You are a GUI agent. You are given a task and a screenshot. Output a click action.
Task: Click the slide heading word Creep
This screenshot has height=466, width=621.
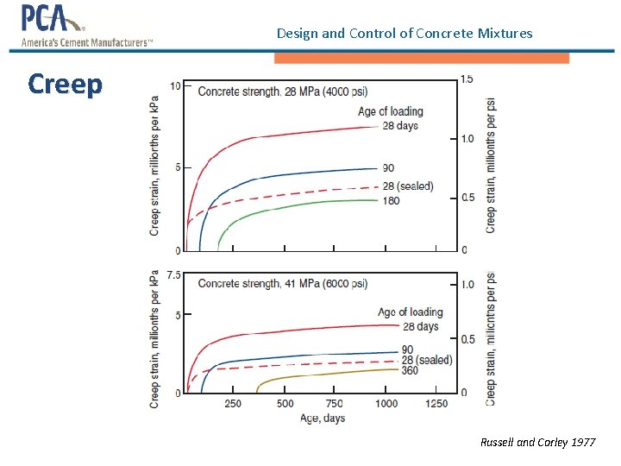[x=65, y=85]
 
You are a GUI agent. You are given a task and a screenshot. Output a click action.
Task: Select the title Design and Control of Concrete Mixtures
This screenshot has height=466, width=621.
[x=405, y=34]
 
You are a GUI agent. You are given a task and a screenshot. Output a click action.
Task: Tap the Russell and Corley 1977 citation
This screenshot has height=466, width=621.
[x=537, y=442]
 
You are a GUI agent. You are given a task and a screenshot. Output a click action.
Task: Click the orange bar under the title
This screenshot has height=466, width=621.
[x=422, y=58]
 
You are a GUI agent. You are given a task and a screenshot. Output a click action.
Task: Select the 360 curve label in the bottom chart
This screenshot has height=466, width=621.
[x=410, y=370]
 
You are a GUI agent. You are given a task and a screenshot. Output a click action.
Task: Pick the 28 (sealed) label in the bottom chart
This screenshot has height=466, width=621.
[x=427, y=360]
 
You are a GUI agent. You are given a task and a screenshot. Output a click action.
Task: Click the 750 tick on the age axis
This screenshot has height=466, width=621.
[x=334, y=403]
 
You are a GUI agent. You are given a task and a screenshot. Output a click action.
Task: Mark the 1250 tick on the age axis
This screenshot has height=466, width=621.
[x=436, y=403]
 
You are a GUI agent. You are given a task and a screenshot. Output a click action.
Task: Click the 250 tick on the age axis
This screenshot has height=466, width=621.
[x=233, y=403]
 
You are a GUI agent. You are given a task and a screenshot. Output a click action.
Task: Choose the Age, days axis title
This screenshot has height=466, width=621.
[x=322, y=418]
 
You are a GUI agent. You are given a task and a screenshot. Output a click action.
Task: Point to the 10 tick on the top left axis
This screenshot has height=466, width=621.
[x=175, y=85]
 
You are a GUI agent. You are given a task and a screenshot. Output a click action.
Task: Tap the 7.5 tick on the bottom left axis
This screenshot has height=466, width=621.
[x=173, y=275]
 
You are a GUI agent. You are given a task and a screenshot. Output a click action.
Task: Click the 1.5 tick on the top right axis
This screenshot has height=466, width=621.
[x=467, y=79]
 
